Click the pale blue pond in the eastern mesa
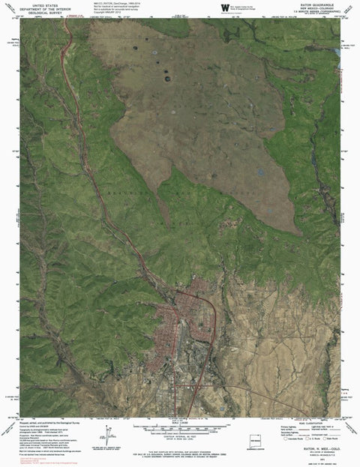point(259,172)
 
